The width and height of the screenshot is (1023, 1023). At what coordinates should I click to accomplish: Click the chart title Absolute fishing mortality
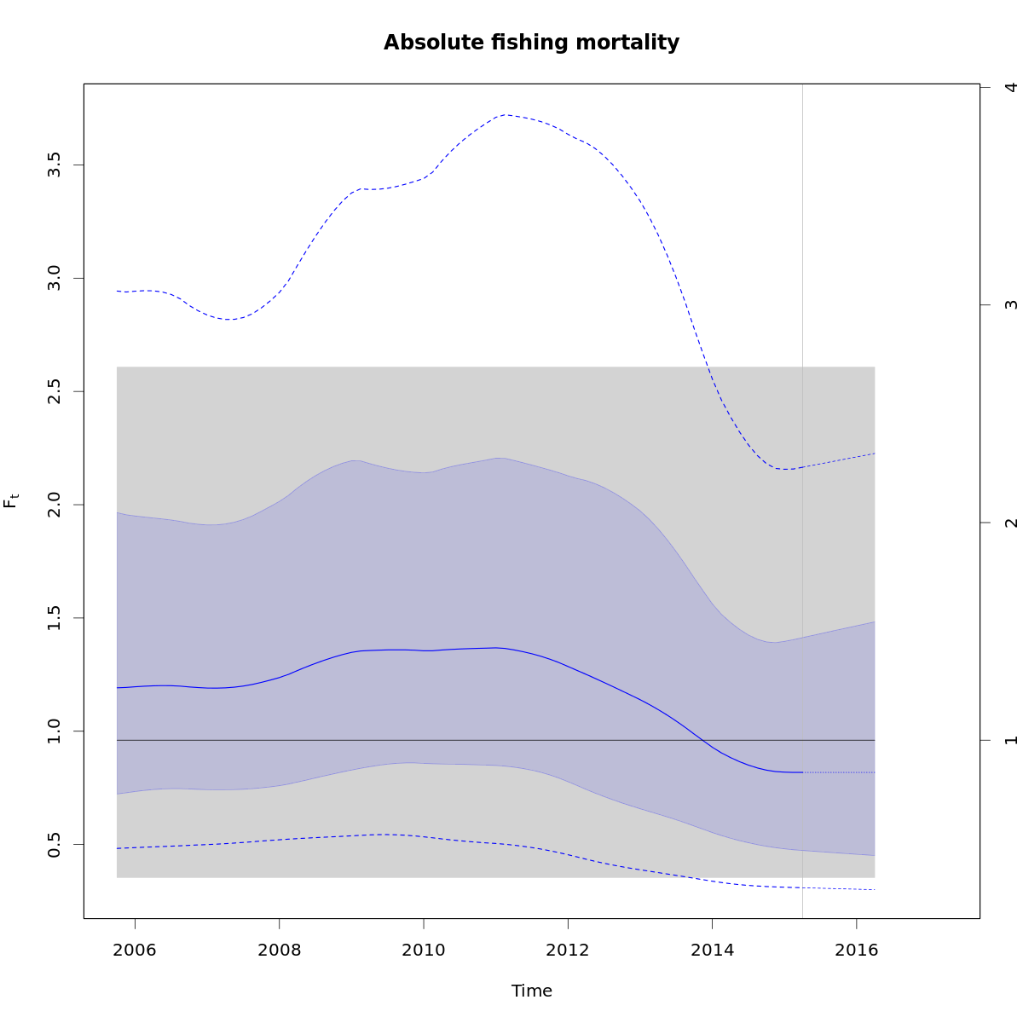point(531,43)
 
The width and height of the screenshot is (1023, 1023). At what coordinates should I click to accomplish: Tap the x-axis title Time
point(532,991)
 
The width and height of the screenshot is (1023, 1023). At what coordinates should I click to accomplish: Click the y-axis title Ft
point(11,500)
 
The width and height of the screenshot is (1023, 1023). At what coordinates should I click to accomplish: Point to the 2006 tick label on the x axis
point(135,951)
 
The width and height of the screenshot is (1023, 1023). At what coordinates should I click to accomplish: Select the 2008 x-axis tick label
point(280,951)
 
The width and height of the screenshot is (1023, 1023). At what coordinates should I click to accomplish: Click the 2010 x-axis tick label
point(424,951)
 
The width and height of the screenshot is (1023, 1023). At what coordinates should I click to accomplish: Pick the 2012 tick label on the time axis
point(568,951)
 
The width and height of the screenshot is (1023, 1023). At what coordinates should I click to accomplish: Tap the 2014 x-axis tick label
point(712,951)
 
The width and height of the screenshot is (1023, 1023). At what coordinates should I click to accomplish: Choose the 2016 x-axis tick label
point(856,951)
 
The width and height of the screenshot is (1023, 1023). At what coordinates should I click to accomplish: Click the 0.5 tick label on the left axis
point(54,844)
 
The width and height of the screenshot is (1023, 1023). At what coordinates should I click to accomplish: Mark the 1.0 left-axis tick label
point(54,731)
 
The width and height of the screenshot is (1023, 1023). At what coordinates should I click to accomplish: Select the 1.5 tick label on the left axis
point(54,617)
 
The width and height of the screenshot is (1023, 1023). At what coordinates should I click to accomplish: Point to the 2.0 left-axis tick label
point(54,504)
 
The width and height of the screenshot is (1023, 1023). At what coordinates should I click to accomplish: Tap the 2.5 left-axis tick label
point(54,391)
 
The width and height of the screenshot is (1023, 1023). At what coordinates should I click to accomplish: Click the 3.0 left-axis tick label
point(54,278)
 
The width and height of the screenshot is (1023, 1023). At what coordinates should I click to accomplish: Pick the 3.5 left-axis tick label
point(54,165)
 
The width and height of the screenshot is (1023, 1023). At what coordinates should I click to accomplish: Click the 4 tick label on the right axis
point(1011,88)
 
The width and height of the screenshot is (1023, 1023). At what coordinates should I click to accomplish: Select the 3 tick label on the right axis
point(1011,305)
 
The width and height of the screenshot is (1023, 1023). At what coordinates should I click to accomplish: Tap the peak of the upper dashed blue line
point(506,114)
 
